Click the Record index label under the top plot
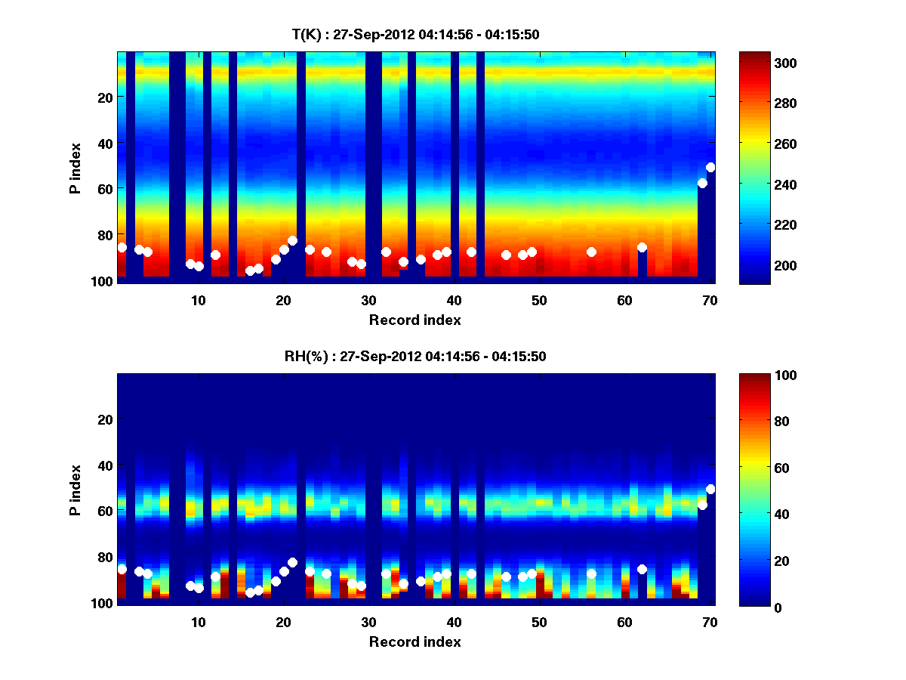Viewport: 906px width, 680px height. [x=414, y=320]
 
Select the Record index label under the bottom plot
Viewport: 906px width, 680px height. [x=414, y=641]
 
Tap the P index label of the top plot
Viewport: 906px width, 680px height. [x=75, y=168]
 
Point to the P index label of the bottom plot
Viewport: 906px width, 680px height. [x=75, y=490]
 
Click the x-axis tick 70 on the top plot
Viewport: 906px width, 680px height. [x=710, y=300]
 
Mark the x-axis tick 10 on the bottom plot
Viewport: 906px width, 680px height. [x=198, y=622]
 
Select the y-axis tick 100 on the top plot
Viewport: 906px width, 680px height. [x=103, y=281]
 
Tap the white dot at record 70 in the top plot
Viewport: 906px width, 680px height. [x=710, y=167]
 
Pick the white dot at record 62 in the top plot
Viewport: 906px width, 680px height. [x=642, y=247]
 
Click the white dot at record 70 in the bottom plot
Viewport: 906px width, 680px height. [x=710, y=489]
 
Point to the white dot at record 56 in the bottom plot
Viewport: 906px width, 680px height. [x=591, y=573]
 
